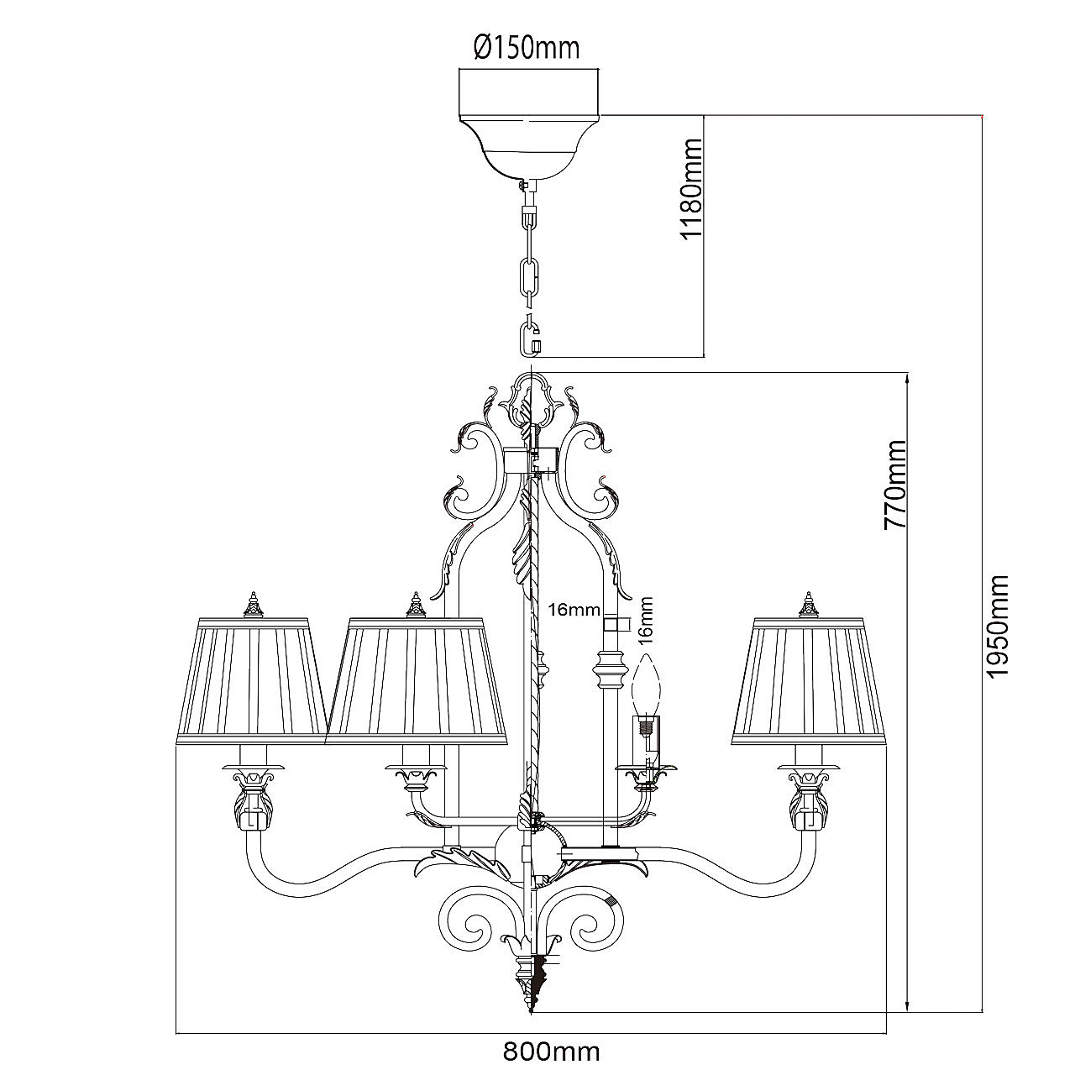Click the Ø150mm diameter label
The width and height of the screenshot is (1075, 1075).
pyautogui.click(x=527, y=48)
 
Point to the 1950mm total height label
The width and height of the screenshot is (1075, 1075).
pyautogui.click(x=997, y=627)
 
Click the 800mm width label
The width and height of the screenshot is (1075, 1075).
pyautogui.click(x=552, y=1051)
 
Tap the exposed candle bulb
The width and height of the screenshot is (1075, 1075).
pyautogui.click(x=647, y=684)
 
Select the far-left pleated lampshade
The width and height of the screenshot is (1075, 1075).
pyautogui.click(x=252, y=680)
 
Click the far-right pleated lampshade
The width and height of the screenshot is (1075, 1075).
pyautogui.click(x=810, y=680)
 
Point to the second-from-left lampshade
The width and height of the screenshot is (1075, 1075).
pyautogui.click(x=417, y=680)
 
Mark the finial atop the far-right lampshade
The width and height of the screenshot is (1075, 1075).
pyautogui.click(x=808, y=604)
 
